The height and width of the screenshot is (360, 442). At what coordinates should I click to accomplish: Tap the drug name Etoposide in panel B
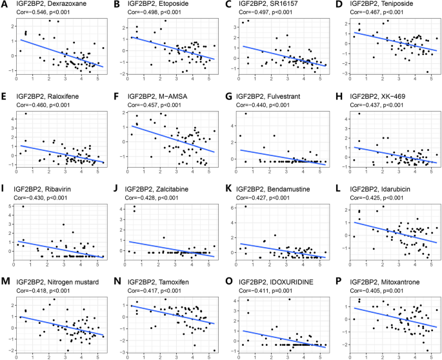[176, 6]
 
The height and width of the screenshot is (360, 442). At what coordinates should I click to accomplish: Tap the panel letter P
[337, 275]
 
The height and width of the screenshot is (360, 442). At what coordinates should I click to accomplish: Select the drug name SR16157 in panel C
[286, 6]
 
